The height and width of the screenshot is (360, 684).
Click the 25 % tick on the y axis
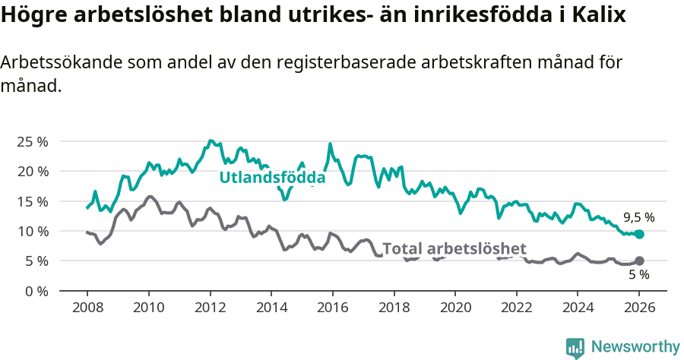click(33, 141)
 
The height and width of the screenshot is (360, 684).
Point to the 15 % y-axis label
click(33, 201)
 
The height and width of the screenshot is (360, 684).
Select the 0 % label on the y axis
click(36, 291)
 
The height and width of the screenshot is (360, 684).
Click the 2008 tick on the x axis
click(87, 309)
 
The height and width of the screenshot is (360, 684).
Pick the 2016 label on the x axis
click(332, 309)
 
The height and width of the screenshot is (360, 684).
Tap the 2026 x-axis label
click(639, 309)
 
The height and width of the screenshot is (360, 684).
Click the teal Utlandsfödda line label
click(272, 178)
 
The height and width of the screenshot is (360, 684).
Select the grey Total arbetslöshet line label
click(454, 248)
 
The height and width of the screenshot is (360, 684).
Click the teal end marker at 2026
click(639, 235)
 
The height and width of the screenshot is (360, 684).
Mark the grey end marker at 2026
click(639, 261)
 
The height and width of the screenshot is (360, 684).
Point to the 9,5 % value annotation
click(638, 217)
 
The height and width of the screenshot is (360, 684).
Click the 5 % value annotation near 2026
click(638, 275)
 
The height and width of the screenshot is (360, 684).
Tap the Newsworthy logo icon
click(575, 347)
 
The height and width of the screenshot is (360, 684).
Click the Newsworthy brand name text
click(635, 347)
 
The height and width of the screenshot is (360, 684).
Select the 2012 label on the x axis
click(210, 309)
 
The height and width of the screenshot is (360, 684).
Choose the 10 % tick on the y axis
click(33, 231)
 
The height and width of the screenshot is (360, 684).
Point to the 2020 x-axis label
click(455, 309)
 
